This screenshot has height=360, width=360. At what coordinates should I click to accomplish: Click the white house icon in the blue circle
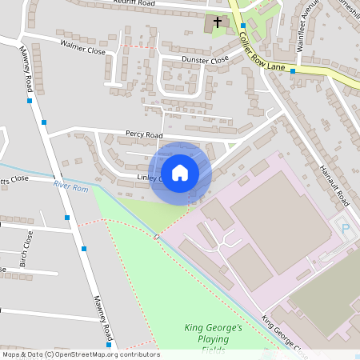pos(180,173)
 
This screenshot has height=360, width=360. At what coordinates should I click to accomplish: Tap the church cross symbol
pos(217,22)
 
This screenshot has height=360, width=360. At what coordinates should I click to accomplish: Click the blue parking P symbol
pos(346,228)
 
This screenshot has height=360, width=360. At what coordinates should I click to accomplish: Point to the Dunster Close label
pos(206,60)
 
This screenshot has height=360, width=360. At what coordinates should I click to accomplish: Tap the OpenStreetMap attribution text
pos(80,354)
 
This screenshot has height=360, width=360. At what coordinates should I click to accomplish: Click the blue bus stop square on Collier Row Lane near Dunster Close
pos(292,71)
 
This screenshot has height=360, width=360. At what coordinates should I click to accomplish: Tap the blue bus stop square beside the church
pos(242,26)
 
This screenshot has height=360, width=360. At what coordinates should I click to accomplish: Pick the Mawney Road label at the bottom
pos(104,317)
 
